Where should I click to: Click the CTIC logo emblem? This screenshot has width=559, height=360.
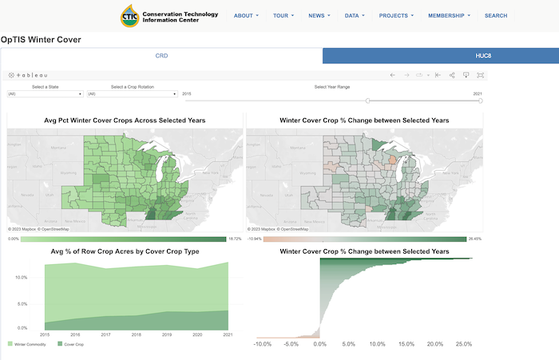pos(130,15)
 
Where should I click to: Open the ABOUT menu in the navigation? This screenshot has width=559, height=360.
pos(246,15)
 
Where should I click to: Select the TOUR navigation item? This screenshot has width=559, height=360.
pos(283,15)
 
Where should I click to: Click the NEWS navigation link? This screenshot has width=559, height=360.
pos(319,15)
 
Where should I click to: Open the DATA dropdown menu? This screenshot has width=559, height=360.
pos(354,15)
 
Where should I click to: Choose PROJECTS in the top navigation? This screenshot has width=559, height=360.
pos(396,15)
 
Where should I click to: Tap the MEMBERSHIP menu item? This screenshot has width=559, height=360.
pos(448,15)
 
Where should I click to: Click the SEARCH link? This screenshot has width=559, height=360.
pos(495,15)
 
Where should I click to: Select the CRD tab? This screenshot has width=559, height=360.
pos(161,56)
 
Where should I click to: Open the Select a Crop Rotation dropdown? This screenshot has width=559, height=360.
pos(132,94)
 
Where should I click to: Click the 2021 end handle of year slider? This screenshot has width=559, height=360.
pos(480,101)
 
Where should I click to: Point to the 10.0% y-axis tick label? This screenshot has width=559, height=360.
pos(22,277)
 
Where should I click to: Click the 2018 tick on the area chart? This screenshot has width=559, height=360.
pos(136,335)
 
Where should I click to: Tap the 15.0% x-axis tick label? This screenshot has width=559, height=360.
pos(406,344)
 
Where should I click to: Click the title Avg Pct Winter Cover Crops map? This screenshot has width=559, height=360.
pos(125,120)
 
